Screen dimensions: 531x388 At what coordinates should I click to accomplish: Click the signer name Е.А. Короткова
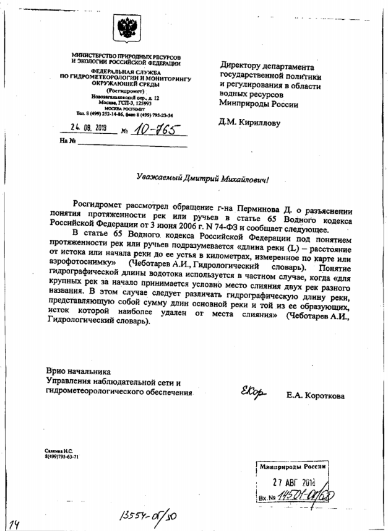click(x=315, y=395)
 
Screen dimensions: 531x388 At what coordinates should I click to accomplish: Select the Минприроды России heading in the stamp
click(x=292, y=467)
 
